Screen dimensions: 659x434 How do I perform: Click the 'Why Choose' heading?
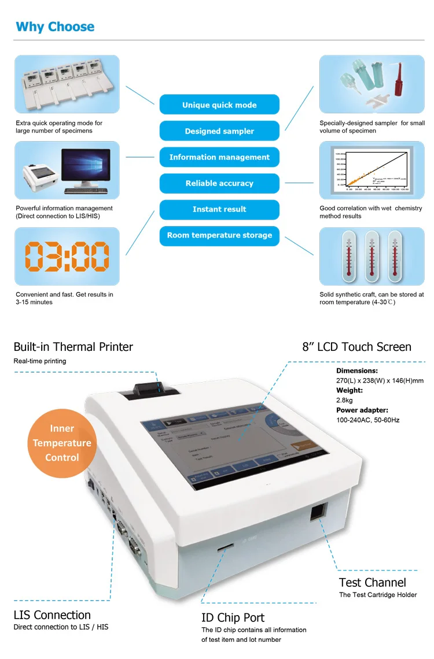(x=55, y=27)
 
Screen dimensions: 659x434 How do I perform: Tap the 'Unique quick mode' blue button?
(x=219, y=105)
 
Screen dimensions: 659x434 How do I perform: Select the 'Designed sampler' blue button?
(x=219, y=131)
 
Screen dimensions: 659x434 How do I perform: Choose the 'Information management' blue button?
(x=219, y=157)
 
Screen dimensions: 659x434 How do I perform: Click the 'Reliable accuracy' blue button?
(x=219, y=183)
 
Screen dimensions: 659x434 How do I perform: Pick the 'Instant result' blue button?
(x=219, y=209)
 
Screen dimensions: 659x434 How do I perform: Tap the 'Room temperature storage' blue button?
(x=219, y=235)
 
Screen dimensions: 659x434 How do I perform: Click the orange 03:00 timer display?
(x=67, y=257)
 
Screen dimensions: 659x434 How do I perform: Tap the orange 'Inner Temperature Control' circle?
(x=62, y=443)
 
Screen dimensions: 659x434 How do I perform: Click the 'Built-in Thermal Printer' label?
(x=73, y=347)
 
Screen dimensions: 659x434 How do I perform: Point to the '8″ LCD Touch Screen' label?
(x=356, y=347)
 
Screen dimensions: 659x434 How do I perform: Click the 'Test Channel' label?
(x=372, y=583)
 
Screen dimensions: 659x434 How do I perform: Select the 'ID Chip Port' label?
(x=233, y=618)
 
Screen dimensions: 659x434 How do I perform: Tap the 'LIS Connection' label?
(x=52, y=615)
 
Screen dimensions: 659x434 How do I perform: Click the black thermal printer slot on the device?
(x=146, y=391)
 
